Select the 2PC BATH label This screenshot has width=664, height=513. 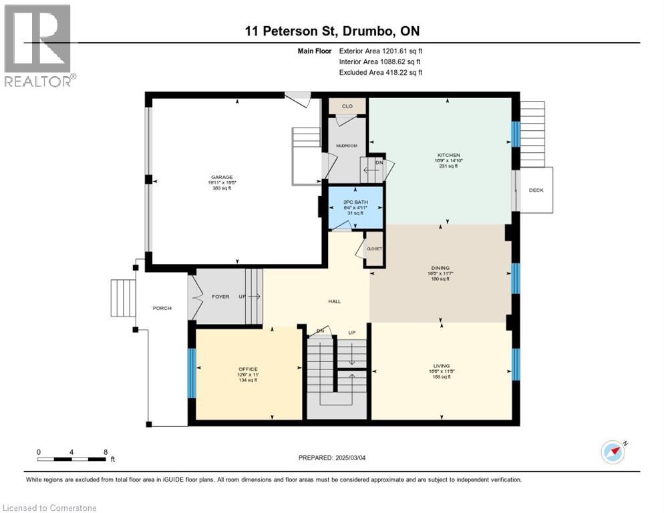tap(356, 200)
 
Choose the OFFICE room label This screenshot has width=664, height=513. tap(248, 369)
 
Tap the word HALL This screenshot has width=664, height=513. tap(335, 301)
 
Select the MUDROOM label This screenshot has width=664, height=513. tap(346, 144)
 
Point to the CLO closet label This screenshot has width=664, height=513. tap(347, 106)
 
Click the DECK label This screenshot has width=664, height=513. tap(536, 190)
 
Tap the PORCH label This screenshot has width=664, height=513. tap(162, 308)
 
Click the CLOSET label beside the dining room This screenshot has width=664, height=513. tap(374, 248)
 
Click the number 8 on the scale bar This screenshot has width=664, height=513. tap(106, 452)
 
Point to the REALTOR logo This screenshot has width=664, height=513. tap(38, 47)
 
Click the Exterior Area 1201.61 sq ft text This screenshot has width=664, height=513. tap(381, 51)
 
